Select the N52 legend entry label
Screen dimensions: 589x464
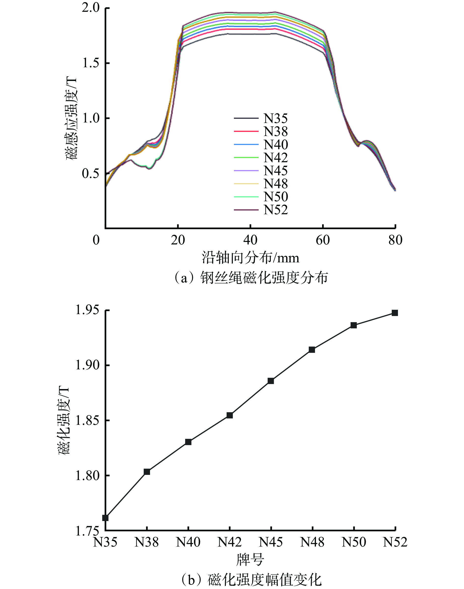275,210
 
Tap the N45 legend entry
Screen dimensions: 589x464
275,171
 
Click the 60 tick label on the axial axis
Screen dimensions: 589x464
323,240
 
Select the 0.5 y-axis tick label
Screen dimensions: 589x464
91,174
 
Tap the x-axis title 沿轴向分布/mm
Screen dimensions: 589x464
250,258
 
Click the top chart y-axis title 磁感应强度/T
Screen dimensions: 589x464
71,118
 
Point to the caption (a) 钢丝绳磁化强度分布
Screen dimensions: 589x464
250,278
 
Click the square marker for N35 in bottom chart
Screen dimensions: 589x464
105,518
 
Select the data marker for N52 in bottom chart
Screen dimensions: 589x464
395,313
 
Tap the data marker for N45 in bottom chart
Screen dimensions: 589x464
271,381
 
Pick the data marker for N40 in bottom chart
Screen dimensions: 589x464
188,442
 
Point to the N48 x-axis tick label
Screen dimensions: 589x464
312,542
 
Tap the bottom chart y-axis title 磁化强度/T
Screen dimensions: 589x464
64,420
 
